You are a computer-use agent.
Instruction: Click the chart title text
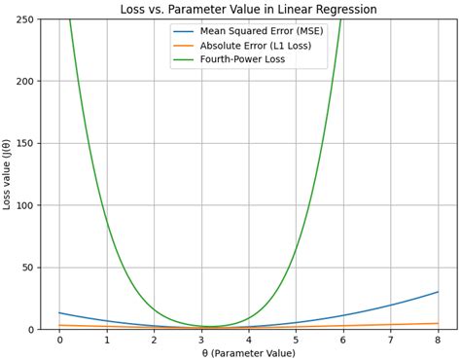point(248,9)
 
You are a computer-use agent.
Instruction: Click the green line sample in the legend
point(184,60)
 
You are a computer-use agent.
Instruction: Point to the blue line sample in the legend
point(184,31)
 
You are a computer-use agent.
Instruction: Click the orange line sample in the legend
point(184,46)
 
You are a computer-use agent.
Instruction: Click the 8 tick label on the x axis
point(438,341)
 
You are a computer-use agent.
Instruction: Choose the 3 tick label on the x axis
point(201,341)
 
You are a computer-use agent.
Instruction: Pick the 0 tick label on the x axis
point(59,341)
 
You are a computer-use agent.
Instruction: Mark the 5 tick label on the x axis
point(296,341)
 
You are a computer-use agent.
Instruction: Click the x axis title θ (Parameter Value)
point(248,353)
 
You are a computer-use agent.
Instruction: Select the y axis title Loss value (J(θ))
point(8,174)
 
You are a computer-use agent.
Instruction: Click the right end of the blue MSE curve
point(438,292)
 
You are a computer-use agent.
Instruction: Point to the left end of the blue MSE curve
point(59,313)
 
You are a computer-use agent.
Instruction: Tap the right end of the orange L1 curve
point(438,323)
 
